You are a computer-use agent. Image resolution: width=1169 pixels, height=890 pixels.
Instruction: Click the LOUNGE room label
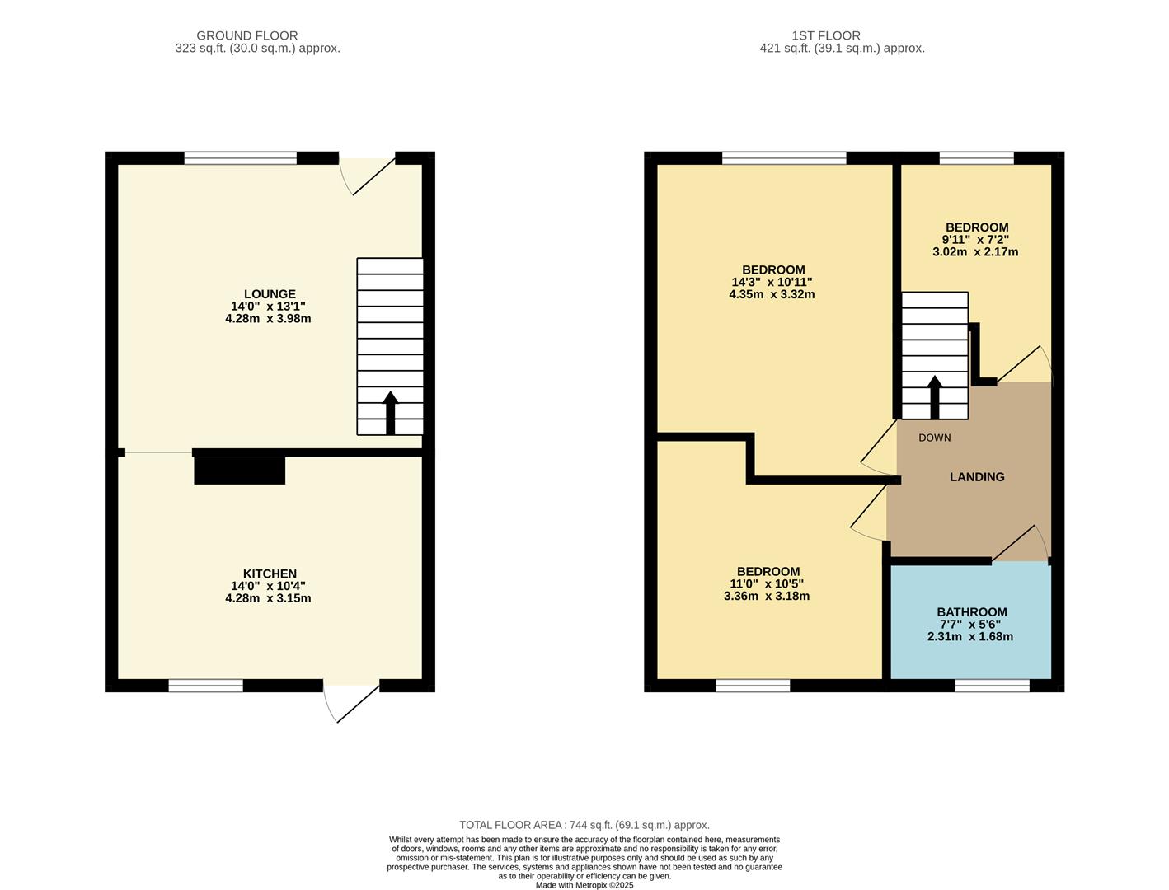point(269,294)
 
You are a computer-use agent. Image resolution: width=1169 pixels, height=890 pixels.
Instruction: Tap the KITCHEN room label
point(269,574)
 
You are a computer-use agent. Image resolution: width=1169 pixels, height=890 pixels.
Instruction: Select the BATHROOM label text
point(971,612)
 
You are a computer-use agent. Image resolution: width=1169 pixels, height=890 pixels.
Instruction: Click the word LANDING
point(976,477)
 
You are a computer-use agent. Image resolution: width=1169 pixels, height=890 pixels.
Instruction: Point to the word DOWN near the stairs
point(934,438)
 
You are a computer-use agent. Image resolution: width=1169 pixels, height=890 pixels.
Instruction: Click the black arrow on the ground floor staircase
point(390,412)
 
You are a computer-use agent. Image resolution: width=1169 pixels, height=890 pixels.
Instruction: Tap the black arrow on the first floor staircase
point(934,397)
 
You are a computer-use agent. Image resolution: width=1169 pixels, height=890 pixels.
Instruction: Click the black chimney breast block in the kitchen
point(239,470)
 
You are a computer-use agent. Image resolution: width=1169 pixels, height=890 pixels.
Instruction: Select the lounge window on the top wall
point(240,158)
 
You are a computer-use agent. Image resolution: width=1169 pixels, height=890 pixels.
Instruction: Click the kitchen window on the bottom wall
point(205,686)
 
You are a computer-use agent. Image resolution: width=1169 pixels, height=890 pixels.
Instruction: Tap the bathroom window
point(992,686)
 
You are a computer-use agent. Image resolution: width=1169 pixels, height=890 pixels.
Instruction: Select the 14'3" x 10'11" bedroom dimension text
point(772,282)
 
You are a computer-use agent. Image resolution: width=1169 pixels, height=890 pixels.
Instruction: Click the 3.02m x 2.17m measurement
point(975,252)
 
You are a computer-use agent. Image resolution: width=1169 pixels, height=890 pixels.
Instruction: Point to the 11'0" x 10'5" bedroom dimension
point(768,584)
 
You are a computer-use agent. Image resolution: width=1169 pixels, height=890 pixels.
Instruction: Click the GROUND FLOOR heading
point(246,35)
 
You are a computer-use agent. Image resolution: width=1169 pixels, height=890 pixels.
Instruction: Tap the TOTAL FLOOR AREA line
point(584,825)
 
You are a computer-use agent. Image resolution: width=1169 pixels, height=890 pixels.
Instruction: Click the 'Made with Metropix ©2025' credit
point(584,885)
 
